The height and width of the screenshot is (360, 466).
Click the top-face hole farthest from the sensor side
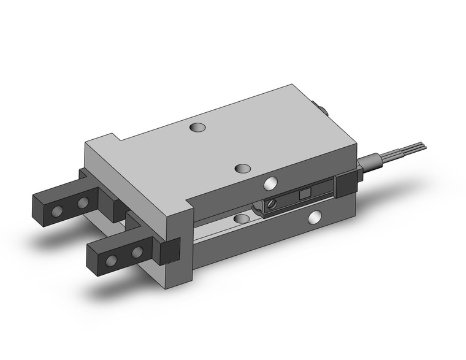[x=196, y=128]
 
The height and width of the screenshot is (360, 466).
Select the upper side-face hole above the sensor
[x=270, y=183]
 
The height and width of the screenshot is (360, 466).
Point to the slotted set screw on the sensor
[x=269, y=205]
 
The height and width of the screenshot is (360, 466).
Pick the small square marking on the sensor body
[x=303, y=194]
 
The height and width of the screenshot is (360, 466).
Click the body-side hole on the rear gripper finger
[x=82, y=203]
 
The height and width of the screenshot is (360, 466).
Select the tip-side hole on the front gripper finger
[x=111, y=261]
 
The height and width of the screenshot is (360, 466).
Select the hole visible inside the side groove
[x=238, y=218]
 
